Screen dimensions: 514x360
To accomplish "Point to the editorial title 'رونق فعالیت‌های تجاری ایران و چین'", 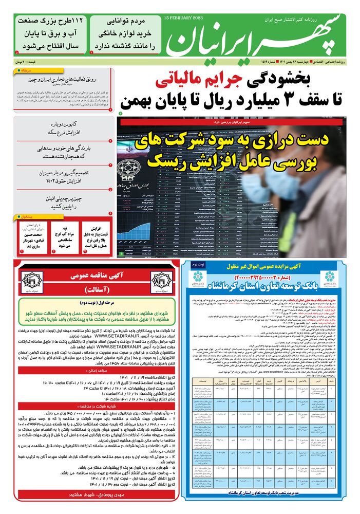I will (65, 79).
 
